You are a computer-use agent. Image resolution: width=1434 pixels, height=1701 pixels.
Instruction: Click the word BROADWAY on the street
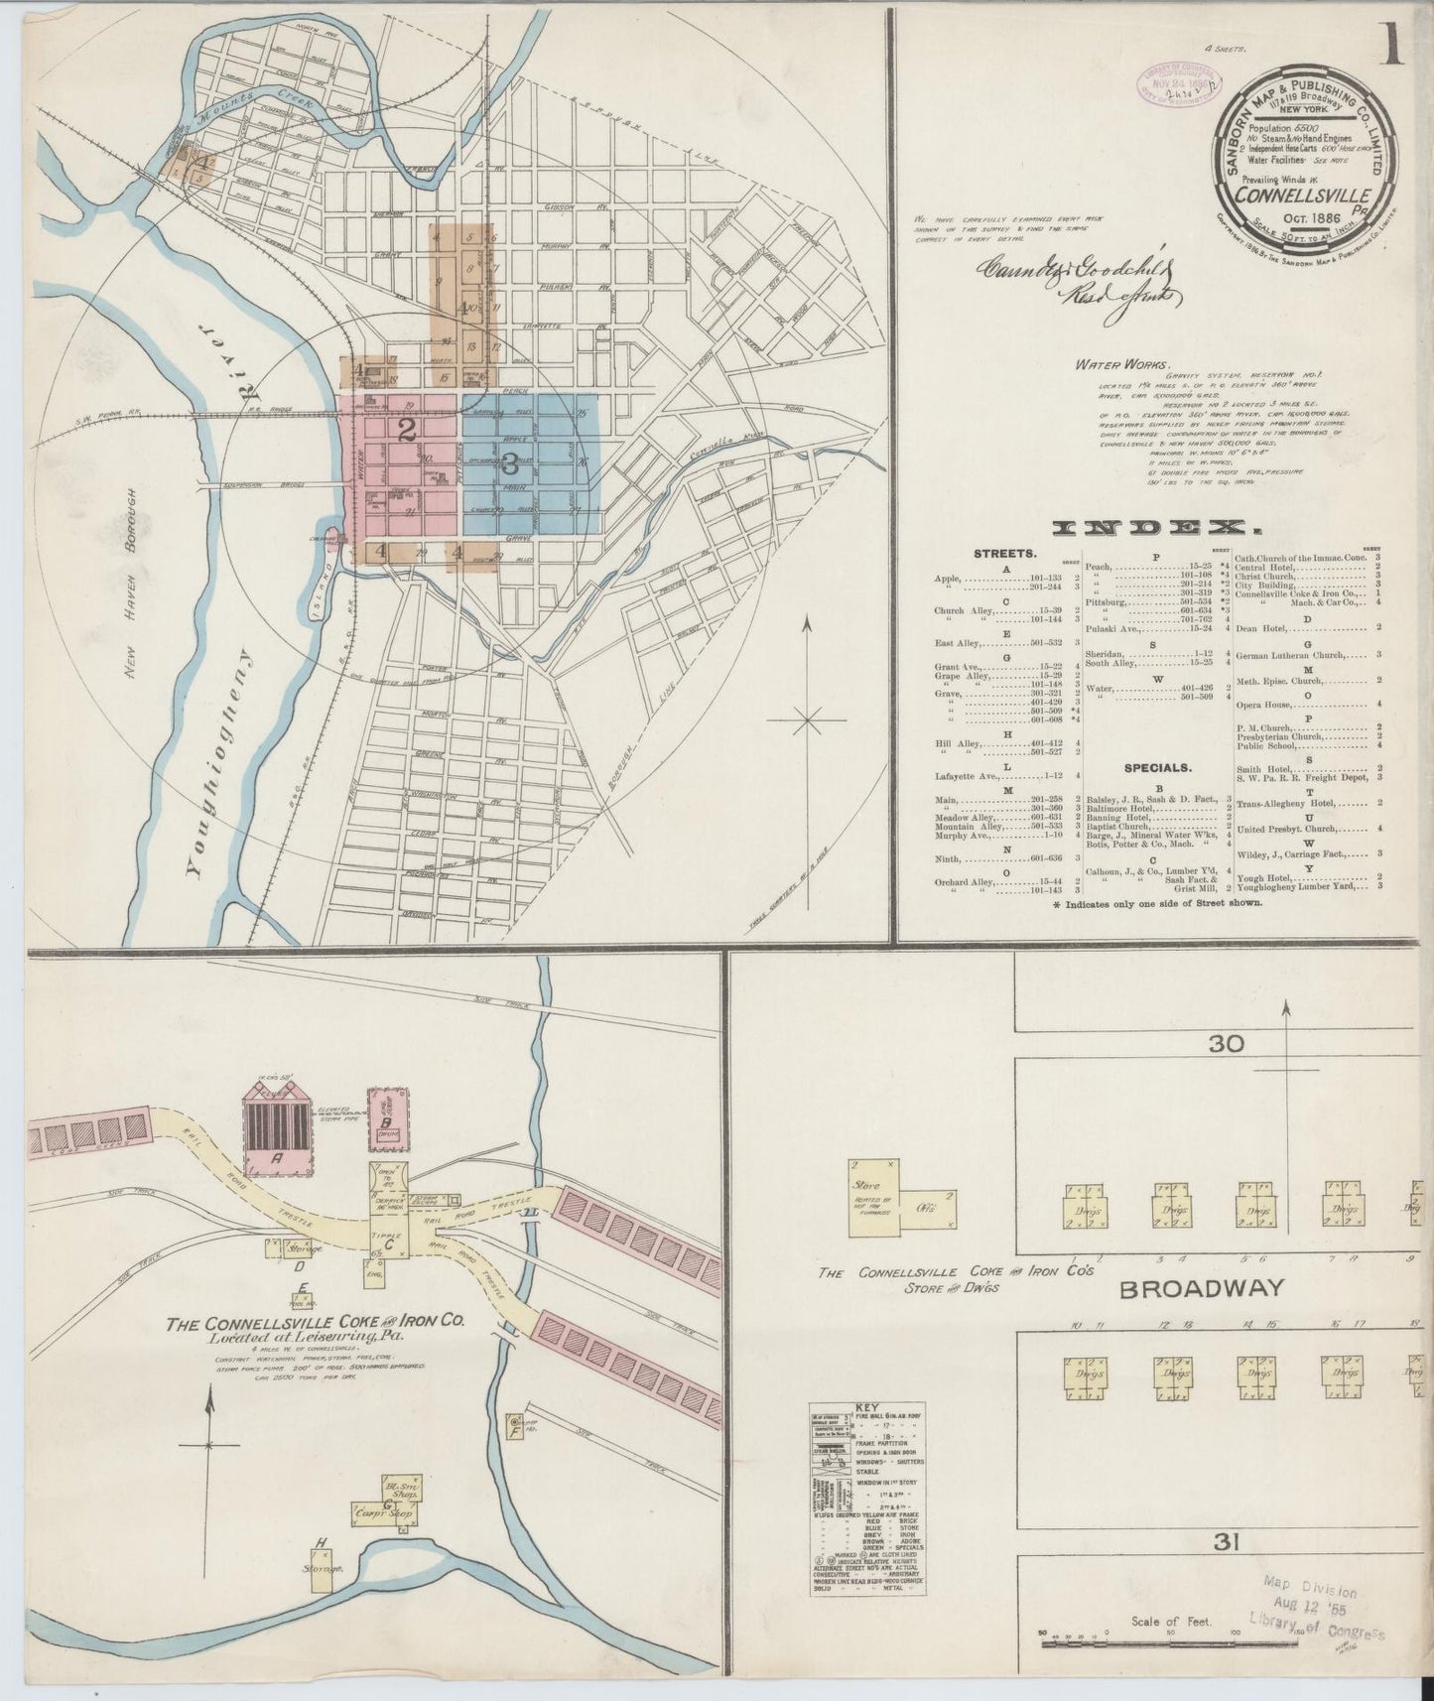1202,1289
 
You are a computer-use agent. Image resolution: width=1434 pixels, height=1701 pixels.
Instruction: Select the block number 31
1227,1570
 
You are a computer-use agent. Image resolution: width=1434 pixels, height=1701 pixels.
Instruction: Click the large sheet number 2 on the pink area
405,430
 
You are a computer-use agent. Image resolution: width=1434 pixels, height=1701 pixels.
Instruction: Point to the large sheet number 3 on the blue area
510,462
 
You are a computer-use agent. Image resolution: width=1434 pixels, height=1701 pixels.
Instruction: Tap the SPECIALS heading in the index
1157,767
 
